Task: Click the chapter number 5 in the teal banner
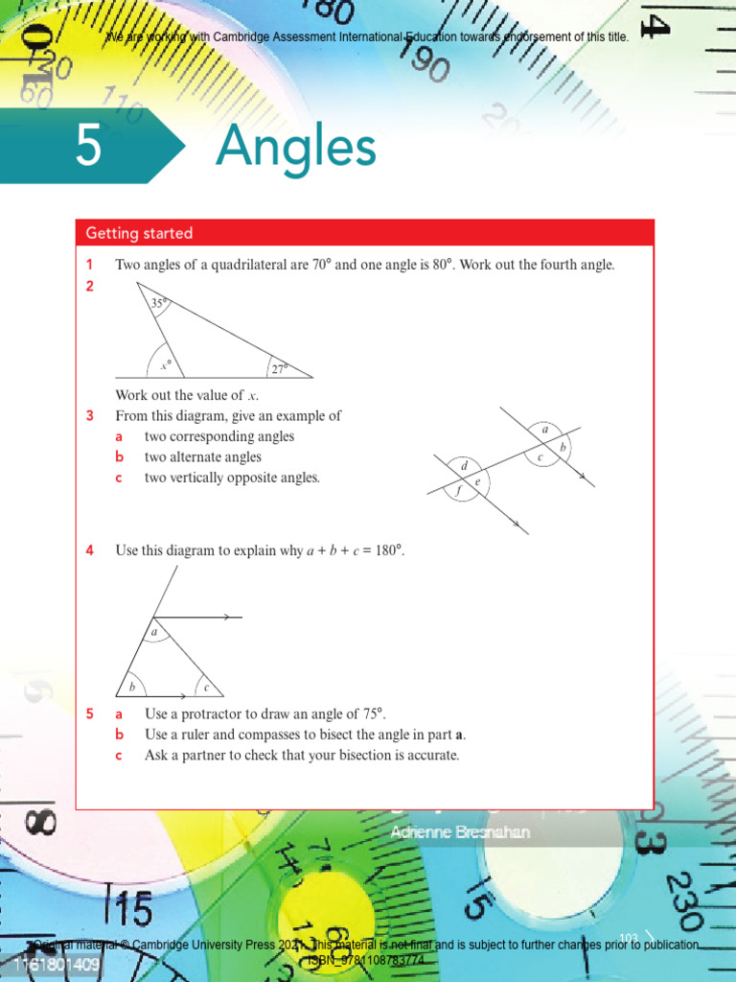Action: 88,149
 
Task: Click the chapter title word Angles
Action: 295,148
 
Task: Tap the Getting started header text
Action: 139,233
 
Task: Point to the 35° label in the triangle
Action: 158,304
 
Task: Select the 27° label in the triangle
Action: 279,368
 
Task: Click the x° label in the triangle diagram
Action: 165,365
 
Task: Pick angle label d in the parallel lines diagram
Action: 465,466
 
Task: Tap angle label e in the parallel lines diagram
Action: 477,480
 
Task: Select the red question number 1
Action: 89,265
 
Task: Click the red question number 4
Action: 89,550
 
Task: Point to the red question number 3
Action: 89,416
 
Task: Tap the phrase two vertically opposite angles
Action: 232,478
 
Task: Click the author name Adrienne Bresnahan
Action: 460,832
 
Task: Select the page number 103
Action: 629,937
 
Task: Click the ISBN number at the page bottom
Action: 365,959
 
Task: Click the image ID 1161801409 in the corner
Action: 57,965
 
